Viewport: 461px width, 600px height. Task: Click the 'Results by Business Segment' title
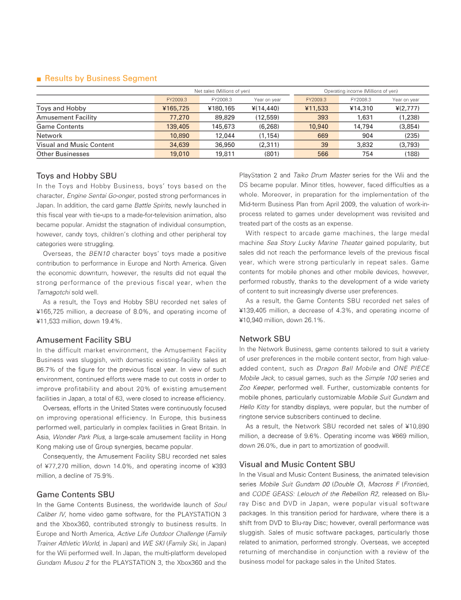[100, 78]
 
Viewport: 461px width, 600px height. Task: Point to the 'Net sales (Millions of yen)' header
[222, 91]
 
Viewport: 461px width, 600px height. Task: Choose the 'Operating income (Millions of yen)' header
[361, 91]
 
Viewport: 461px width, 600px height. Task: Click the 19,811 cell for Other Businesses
[221, 154]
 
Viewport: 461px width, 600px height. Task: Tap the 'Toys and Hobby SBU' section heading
[77, 176]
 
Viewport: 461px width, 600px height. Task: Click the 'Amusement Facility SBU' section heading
[84, 340]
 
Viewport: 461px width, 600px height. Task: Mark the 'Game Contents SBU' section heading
[75, 495]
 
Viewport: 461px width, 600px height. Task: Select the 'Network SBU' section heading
[264, 339]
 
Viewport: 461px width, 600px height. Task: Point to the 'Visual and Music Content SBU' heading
[297, 464]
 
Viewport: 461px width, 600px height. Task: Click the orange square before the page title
[39, 79]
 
